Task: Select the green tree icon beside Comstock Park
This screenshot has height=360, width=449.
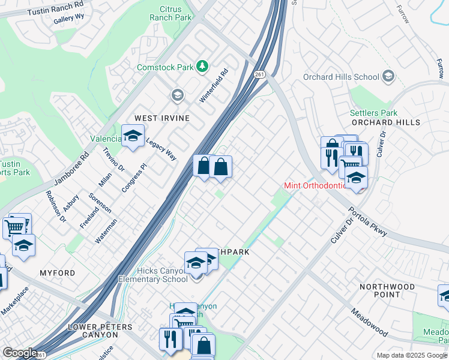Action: click(x=203, y=66)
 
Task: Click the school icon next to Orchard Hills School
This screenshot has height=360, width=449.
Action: click(x=388, y=76)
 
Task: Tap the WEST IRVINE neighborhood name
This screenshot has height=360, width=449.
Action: click(x=161, y=118)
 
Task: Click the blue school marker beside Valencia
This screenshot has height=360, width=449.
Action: click(x=133, y=136)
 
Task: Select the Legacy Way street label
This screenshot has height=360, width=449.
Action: click(x=161, y=147)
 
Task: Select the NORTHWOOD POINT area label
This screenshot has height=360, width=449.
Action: click(x=387, y=290)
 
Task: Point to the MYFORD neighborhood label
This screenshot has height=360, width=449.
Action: click(x=58, y=273)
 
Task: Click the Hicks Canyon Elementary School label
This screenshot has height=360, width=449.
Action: click(x=152, y=275)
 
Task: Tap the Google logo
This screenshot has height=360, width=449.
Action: click(x=20, y=353)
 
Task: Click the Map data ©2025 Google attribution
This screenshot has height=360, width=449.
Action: click(x=411, y=355)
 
